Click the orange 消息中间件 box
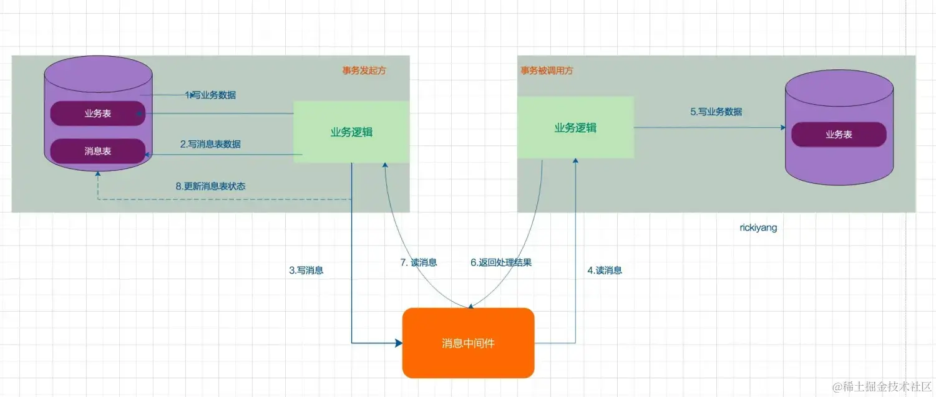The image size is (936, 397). click(468, 343)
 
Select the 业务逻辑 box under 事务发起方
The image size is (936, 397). click(351, 132)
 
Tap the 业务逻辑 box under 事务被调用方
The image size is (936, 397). click(575, 128)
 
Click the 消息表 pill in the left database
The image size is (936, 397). click(97, 151)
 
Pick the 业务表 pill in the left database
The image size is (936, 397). click(97, 113)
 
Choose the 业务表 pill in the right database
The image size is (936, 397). click(839, 134)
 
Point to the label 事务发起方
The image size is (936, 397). click(364, 70)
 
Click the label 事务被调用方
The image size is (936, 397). click(547, 70)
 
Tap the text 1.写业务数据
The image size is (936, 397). click(211, 95)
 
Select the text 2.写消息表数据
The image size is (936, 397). click(210, 144)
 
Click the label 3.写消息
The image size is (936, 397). click(306, 270)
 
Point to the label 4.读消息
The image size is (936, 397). click(605, 270)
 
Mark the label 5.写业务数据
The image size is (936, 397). click(716, 112)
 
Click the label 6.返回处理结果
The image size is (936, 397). click(500, 262)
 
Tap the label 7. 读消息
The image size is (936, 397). click(418, 262)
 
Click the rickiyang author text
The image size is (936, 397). click(758, 228)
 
